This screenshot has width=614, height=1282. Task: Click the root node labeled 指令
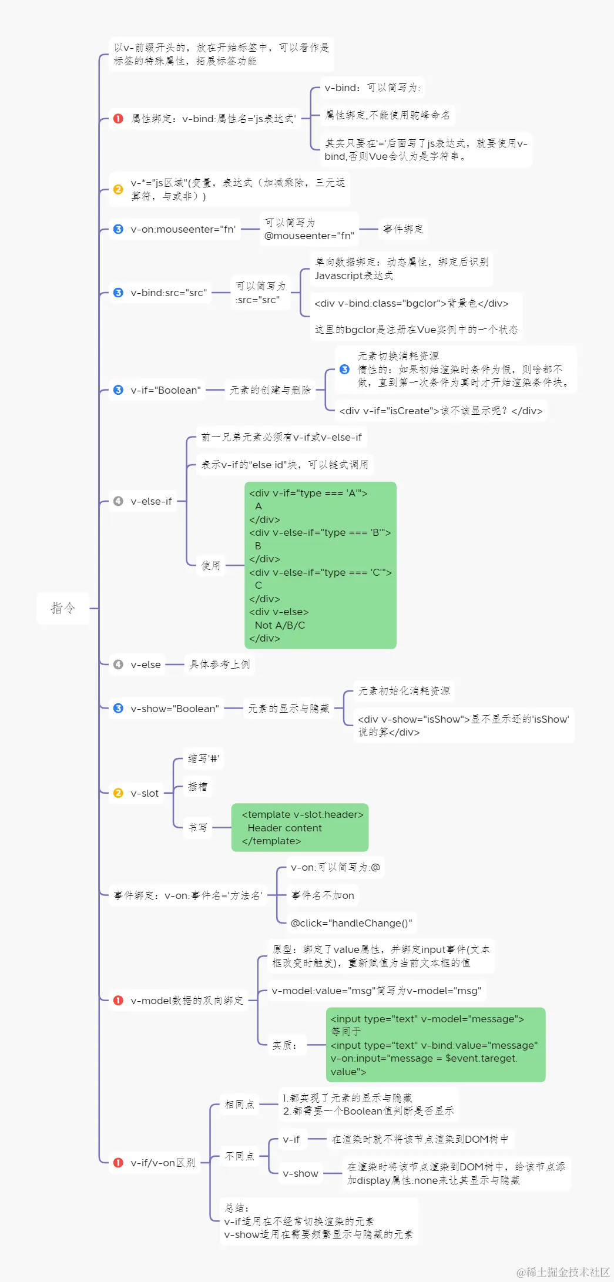coord(63,608)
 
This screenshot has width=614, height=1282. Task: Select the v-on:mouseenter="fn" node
coord(183,229)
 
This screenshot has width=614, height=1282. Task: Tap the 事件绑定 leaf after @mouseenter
coord(403,229)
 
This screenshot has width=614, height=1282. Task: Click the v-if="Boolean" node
coord(165,390)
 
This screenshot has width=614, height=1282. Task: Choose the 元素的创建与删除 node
coord(270,390)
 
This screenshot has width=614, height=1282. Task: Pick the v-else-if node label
coord(151,501)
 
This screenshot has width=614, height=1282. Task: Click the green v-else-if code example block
coord(320,565)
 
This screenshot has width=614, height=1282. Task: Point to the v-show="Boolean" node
coord(174,709)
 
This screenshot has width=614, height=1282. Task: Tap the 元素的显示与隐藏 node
coord(288,709)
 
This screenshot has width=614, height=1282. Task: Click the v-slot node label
coord(145,793)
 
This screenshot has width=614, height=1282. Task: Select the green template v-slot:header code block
coord(300,827)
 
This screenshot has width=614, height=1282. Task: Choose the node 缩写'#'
coord(203,759)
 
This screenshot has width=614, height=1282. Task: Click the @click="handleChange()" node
coord(351,923)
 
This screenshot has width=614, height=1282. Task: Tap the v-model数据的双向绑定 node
coord(186,1001)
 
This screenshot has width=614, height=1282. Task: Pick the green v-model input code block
coord(435,1045)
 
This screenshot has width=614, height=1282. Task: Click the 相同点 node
coord(239,1105)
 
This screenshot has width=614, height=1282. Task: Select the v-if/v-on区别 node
coord(162,1163)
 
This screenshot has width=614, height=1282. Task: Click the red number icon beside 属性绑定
coord(118,119)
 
